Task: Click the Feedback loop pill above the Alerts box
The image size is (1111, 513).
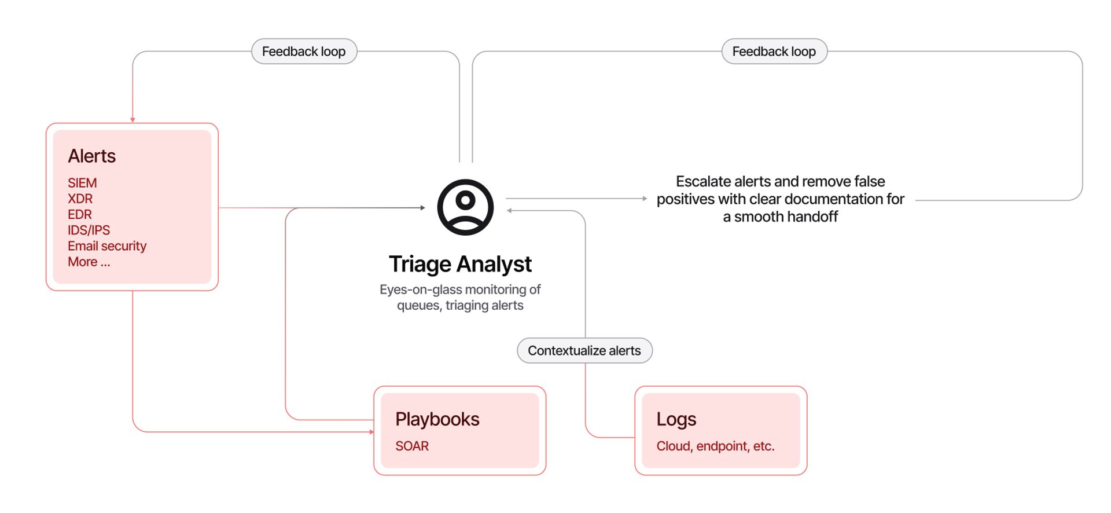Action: coord(304,52)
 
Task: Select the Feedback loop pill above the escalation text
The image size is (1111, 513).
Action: coord(774,52)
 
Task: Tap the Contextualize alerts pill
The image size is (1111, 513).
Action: coord(584,351)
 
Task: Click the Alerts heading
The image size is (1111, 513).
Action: coord(91,156)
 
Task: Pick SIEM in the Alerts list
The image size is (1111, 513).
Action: coord(82,183)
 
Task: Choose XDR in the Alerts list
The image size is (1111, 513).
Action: coord(80,199)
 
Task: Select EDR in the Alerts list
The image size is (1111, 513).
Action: coord(79,214)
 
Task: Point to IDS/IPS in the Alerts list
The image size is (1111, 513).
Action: coord(89,230)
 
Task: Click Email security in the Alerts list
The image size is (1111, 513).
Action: coord(107,246)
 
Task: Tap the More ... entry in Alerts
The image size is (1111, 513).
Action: coord(89,262)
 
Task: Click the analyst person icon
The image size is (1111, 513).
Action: coord(465,207)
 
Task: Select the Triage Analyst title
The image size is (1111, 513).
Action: coord(460,264)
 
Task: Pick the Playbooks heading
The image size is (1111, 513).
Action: coord(437,419)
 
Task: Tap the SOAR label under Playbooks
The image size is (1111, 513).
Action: coord(412,446)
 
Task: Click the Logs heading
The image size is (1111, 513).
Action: coord(676,420)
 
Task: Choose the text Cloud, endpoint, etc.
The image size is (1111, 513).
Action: coord(715,446)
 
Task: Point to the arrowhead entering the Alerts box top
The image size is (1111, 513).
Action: coord(133,120)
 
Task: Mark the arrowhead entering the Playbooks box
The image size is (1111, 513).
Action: coord(371,432)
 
